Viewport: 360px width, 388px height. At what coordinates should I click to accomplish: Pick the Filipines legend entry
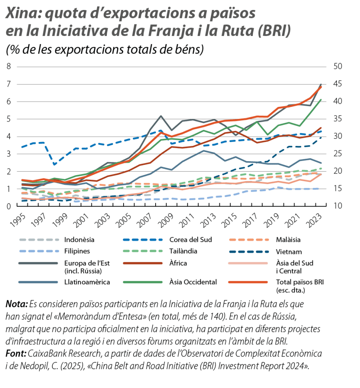point(77,252)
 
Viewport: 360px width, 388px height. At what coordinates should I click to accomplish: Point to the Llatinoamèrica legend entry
point(87,282)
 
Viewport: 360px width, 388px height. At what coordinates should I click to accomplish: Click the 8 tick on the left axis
point(8,66)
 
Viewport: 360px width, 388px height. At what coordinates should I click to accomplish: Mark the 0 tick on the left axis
point(8,206)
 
